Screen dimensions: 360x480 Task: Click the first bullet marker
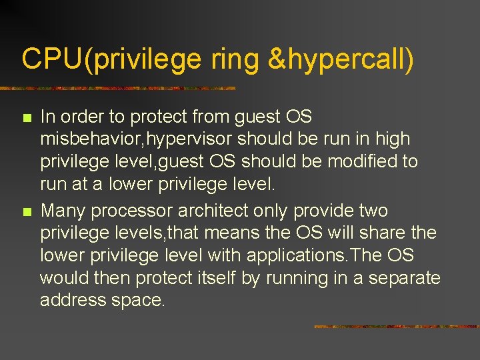click(x=27, y=118)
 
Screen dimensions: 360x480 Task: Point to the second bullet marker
click(x=27, y=212)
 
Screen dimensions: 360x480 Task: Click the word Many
click(x=63, y=211)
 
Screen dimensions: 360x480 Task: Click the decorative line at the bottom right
click(x=396, y=327)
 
